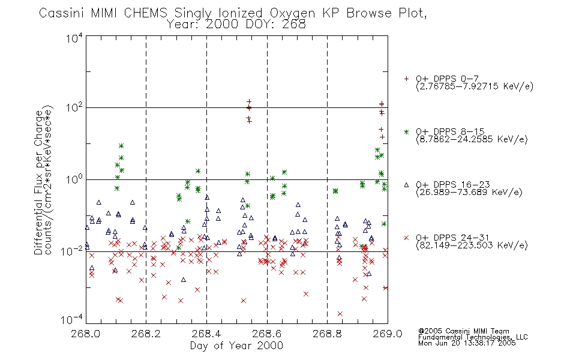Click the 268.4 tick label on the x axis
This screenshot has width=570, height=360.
[x=206, y=334]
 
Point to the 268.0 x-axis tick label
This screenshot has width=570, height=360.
[x=86, y=334]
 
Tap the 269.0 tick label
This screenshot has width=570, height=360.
[x=388, y=334]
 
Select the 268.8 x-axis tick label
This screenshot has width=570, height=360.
[x=327, y=334]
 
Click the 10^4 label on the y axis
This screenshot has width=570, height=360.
[x=74, y=38]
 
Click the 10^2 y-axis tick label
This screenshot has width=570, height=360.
[x=74, y=108]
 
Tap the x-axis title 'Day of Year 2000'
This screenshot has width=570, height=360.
[x=236, y=346]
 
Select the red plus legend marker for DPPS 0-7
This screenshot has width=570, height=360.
[x=406, y=79]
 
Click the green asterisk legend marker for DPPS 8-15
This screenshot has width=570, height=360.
[x=406, y=132]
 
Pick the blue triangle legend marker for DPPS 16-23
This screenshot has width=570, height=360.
[x=406, y=185]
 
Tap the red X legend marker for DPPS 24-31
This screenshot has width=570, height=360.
[x=406, y=238]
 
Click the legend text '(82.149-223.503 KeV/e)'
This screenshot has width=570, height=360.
[x=472, y=245]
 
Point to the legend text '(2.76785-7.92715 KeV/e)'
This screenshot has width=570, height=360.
[x=475, y=86]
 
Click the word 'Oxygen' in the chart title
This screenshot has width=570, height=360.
[x=292, y=13]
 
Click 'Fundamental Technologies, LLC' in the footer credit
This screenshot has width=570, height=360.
[x=473, y=337]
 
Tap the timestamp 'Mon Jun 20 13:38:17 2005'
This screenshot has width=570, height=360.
[x=467, y=343]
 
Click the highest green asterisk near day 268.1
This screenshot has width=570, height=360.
[x=121, y=146]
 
